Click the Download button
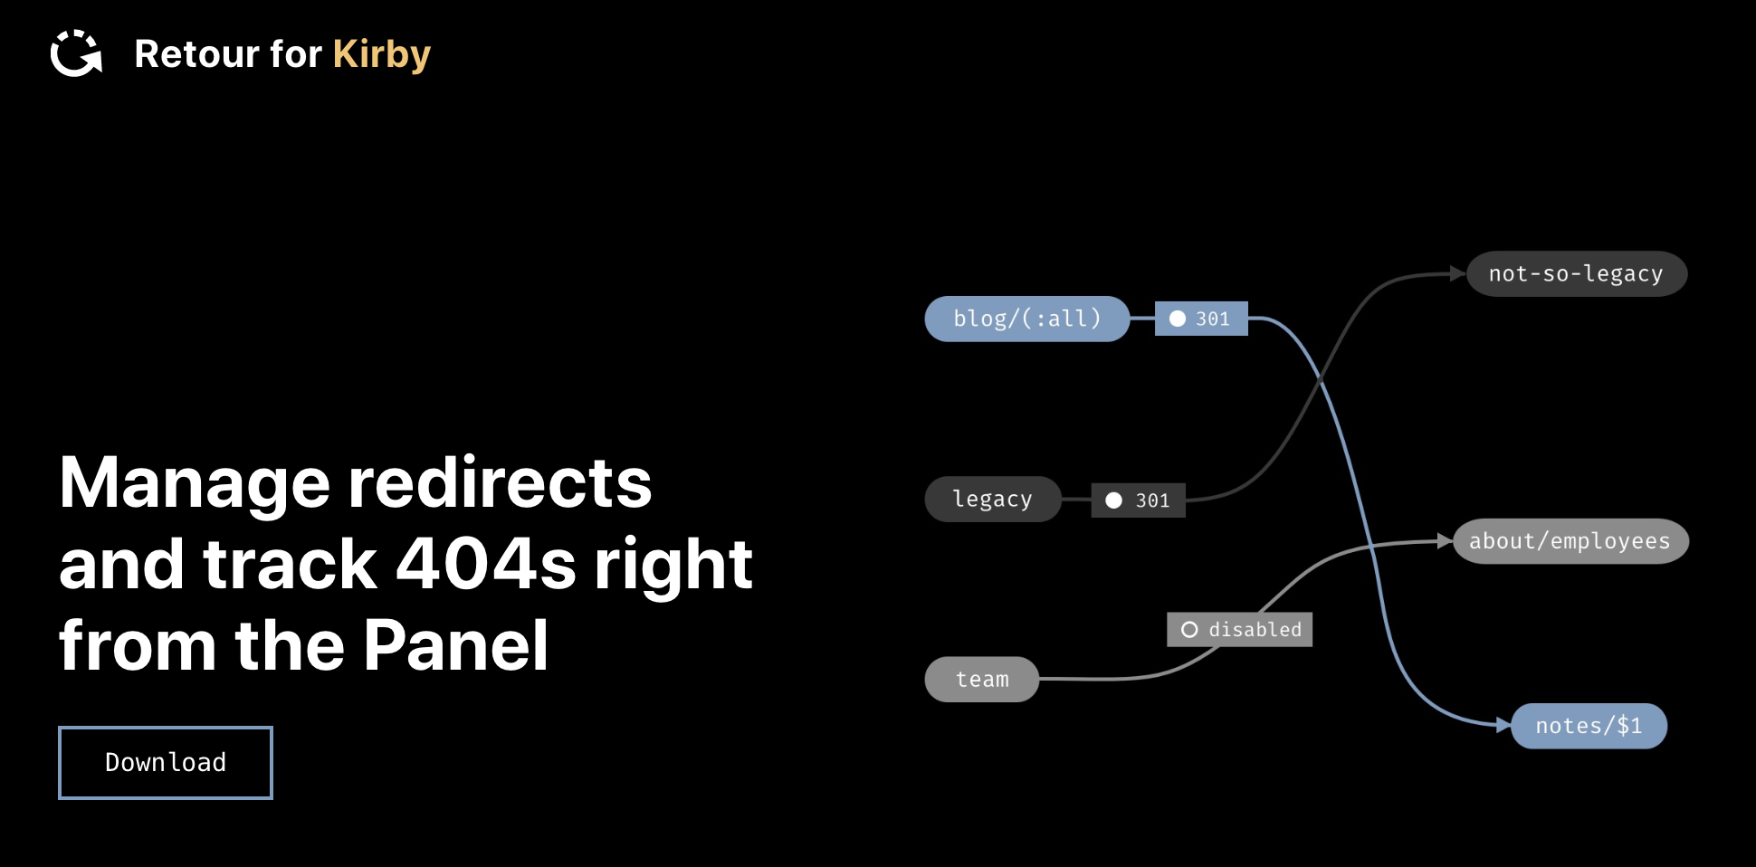[x=166, y=763]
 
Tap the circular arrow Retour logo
[x=76, y=53]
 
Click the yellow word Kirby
[x=381, y=55]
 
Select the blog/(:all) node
[x=1026, y=319]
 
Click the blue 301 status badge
[x=1201, y=319]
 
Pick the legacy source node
[x=992, y=499]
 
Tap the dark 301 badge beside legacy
[x=1139, y=500]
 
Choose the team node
[x=981, y=679]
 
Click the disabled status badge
[x=1239, y=629]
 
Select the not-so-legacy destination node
[x=1576, y=273]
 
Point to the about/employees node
[x=1570, y=541]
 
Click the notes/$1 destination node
[x=1589, y=726]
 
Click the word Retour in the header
[x=196, y=54]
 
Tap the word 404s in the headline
[x=485, y=564]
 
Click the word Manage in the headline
[x=195, y=482]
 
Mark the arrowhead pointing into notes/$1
[x=1503, y=725]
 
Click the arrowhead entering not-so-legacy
[x=1457, y=273]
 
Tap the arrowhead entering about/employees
[x=1445, y=541]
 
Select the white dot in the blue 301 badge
[x=1178, y=319]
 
